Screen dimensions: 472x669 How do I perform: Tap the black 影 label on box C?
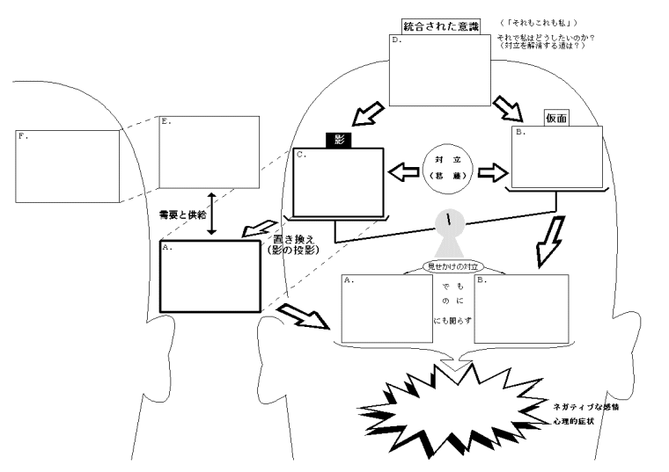tap(339, 138)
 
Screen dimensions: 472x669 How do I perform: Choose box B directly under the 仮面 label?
tap(557, 156)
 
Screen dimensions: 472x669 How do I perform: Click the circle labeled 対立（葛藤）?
tap(447, 169)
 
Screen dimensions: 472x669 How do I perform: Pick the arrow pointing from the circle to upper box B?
tap(491, 170)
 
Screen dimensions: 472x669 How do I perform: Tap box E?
tap(210, 152)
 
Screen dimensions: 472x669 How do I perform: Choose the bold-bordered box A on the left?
tap(210, 276)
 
